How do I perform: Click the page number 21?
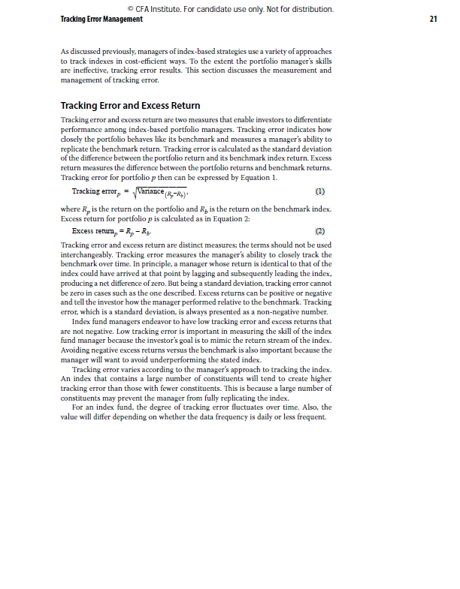tap(433, 19)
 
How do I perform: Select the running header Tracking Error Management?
tap(101, 19)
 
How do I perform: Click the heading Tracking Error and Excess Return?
tap(130, 106)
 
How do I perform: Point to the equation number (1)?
tap(319, 191)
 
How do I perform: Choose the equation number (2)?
tap(319, 231)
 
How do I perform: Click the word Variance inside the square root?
tap(135, 191)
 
